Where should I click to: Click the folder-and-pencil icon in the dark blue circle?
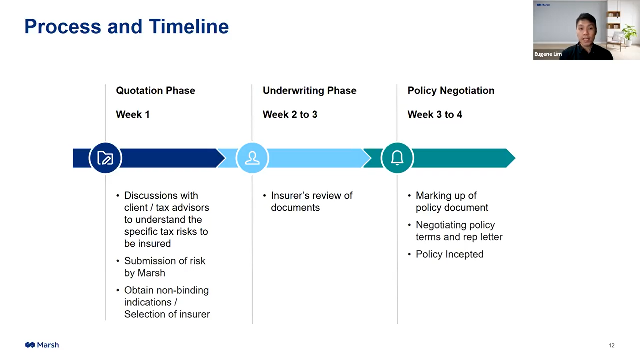[105, 158]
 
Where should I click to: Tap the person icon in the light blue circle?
[252, 158]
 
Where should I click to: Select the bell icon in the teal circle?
[397, 158]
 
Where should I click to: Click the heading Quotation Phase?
[155, 90]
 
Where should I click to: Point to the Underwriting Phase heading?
[309, 90]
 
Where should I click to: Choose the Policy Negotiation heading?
[451, 90]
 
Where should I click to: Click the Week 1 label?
[133, 114]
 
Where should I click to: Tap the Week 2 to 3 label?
[290, 114]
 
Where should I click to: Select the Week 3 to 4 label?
[435, 114]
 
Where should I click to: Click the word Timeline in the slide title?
[189, 26]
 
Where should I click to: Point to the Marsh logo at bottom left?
[42, 345]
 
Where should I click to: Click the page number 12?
[611, 345]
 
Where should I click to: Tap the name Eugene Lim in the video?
[548, 54]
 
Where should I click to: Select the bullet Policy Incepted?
[449, 254]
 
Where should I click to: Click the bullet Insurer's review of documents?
[311, 201]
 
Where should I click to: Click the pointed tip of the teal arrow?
[515, 158]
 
